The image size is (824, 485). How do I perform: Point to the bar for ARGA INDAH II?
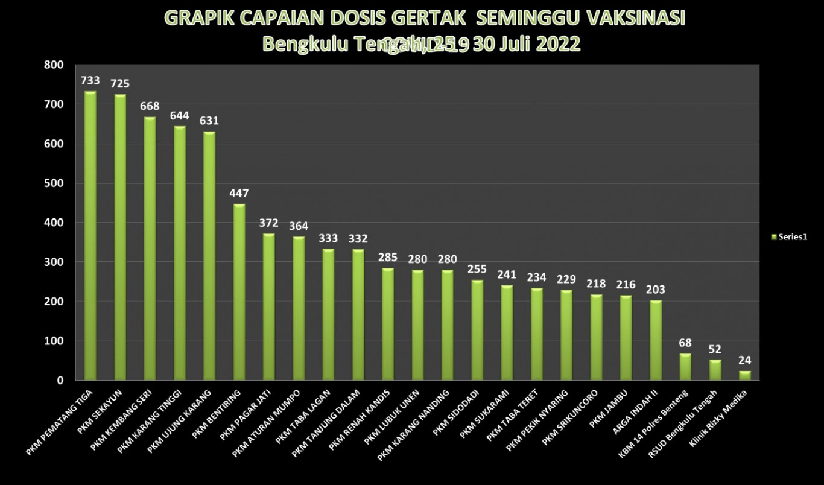pos(656,340)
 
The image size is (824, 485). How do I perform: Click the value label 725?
pos(119,84)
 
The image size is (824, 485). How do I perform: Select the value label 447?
pos(239,194)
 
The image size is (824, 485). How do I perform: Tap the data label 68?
pos(685,343)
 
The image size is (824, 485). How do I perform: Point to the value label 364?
pos(299,226)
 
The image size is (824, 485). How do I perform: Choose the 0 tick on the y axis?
pos(60,381)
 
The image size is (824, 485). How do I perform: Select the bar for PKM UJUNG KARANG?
pos(209,256)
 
